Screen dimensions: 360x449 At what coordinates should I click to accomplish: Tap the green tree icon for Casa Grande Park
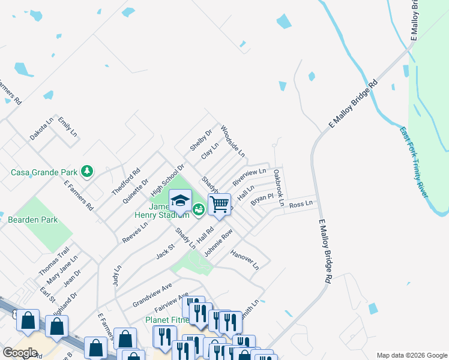[88, 172]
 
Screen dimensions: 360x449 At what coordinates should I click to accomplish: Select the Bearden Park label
[33, 220]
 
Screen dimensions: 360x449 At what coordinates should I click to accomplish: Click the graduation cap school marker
[180, 200]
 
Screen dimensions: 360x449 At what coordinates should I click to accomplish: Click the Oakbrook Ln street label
[278, 187]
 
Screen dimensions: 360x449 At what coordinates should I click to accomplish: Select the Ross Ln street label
[301, 204]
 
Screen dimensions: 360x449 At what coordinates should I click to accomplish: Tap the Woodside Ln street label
[232, 142]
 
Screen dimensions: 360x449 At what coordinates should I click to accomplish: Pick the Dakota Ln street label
[41, 129]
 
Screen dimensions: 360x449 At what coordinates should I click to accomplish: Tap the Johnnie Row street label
[218, 244]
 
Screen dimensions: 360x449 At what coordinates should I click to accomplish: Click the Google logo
[20, 352]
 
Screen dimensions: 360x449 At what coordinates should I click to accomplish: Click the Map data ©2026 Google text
[412, 355]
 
